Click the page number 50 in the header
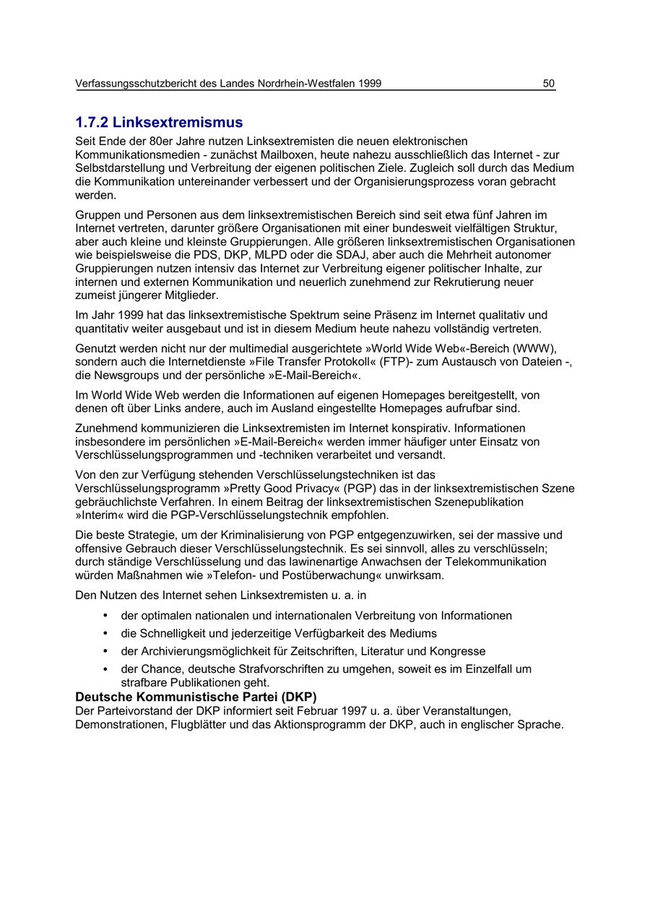[x=549, y=84]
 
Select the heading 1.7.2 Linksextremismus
[x=159, y=122]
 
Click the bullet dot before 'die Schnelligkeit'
[x=105, y=633]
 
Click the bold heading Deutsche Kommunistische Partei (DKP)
[x=196, y=697]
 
